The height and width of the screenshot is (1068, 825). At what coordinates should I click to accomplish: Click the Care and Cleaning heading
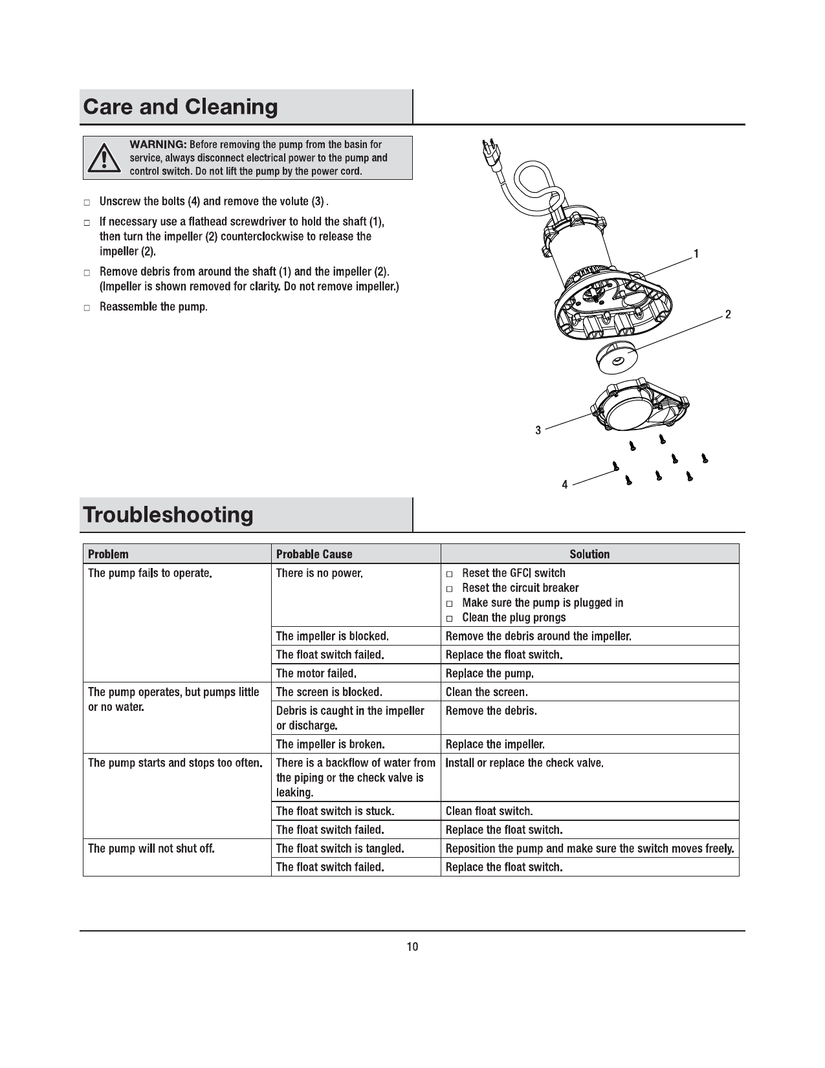tap(181, 107)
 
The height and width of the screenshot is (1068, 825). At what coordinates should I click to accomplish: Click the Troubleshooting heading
tap(168, 515)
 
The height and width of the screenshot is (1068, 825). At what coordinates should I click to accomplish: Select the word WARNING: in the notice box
tap(159, 144)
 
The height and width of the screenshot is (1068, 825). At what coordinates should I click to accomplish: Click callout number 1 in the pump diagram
tap(696, 254)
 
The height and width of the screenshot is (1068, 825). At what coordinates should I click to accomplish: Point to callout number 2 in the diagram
tap(728, 315)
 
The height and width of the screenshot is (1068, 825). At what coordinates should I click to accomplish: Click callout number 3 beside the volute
tap(538, 430)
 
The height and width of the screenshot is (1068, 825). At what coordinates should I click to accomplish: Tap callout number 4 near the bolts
tap(565, 485)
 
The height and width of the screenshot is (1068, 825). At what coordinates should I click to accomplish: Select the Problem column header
tap(108, 554)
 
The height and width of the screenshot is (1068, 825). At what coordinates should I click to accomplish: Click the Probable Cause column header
tap(314, 554)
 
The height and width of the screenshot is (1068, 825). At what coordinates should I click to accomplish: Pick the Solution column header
tap(589, 554)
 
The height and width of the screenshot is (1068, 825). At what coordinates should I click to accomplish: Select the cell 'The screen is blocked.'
tap(329, 692)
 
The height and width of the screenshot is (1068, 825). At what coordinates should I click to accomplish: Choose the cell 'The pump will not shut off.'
tap(151, 849)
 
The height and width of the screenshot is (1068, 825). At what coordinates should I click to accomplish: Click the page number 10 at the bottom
tap(412, 947)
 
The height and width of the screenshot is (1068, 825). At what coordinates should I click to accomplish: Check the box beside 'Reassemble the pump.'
tap(87, 308)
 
